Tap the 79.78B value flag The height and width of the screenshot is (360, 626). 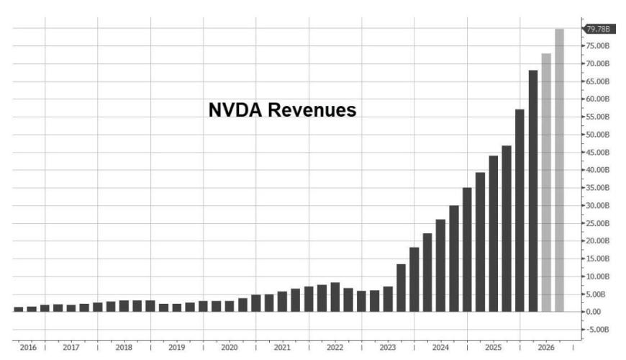[599, 29]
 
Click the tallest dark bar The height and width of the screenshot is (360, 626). [533, 191]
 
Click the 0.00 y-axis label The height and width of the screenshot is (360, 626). [594, 312]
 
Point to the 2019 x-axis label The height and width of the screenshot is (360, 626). [176, 346]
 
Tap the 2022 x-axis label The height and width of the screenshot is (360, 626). [335, 346]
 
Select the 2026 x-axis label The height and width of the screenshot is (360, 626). [545, 346]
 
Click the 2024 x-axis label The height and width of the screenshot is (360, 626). [440, 346]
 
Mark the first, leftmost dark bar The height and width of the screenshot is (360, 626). [19, 309]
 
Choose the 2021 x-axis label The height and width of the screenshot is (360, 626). [282, 346]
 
